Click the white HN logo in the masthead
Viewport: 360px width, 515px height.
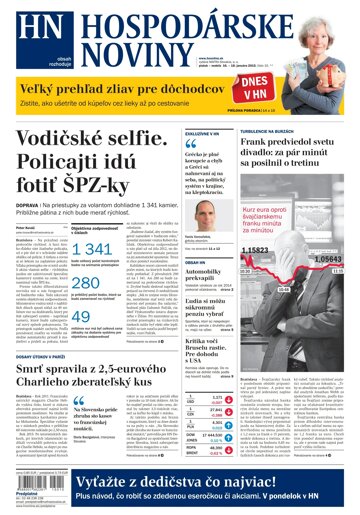coord(31,33)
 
